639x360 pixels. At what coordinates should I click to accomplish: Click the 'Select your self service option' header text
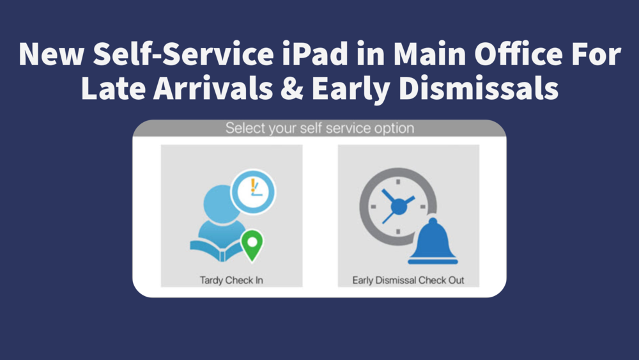point(319,129)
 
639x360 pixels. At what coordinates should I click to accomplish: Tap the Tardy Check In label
point(231,280)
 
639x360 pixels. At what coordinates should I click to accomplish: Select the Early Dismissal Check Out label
point(408,280)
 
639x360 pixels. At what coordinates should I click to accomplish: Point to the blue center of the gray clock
point(399,206)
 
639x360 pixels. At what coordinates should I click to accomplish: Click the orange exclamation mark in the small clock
point(253,186)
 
